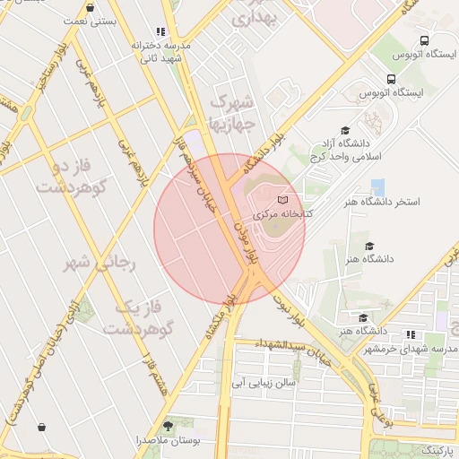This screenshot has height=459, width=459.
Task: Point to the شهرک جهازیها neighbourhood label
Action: (x=231, y=107)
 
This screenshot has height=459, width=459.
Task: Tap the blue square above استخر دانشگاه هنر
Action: (x=378, y=187)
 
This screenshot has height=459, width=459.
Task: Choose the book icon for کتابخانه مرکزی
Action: (x=284, y=199)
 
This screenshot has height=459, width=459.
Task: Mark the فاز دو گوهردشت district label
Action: (x=68, y=178)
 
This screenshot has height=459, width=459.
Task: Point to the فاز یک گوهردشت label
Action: (x=136, y=317)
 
